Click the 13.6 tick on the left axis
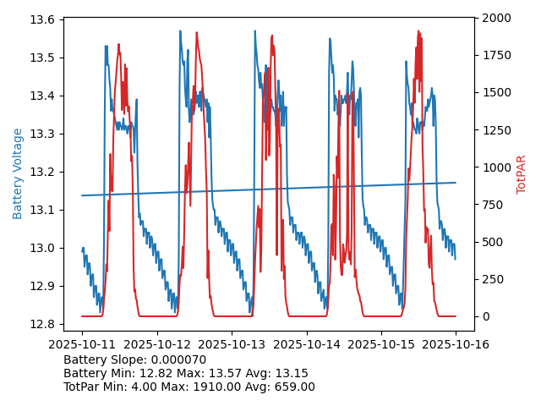pyautogui.click(x=44, y=19)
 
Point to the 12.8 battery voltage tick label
pyautogui.click(x=44, y=324)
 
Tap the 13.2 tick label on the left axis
pyautogui.click(x=44, y=172)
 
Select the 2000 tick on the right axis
pyautogui.click(x=497, y=18)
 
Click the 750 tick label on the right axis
pyautogui.click(x=493, y=205)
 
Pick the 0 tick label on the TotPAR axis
pyautogui.click(x=484, y=316)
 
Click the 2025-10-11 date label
pyautogui.click(x=82, y=344)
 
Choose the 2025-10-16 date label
pyautogui.click(x=456, y=344)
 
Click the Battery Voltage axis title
pyautogui.click(x=18, y=173)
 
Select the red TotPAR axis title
pyautogui.click(x=522, y=174)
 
